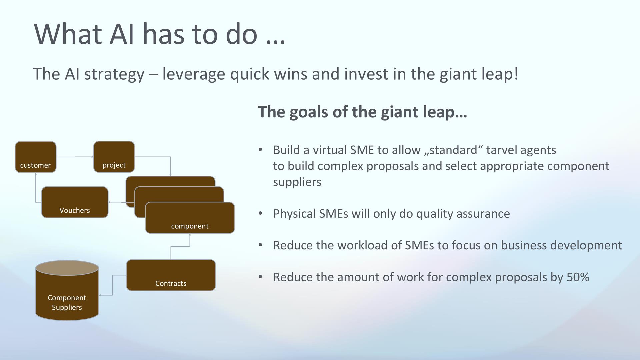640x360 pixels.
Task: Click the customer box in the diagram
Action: tap(36, 157)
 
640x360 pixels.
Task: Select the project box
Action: tap(114, 157)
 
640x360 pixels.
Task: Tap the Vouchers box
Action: tap(75, 202)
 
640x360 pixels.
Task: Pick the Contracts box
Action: tap(171, 275)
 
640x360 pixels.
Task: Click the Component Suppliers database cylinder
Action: tap(67, 291)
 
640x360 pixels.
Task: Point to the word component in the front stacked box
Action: tap(190, 226)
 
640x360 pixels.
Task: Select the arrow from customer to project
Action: tap(75, 157)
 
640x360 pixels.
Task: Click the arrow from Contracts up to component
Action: tap(180, 247)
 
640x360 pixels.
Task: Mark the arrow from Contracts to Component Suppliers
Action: tap(113, 285)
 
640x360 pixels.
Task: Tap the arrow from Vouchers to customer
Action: tap(36, 193)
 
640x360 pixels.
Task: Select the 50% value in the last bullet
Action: tap(578, 277)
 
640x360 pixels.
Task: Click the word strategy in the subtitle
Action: tap(114, 74)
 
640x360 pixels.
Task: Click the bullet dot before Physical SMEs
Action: tap(261, 213)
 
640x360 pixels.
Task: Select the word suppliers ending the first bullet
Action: tap(297, 182)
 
